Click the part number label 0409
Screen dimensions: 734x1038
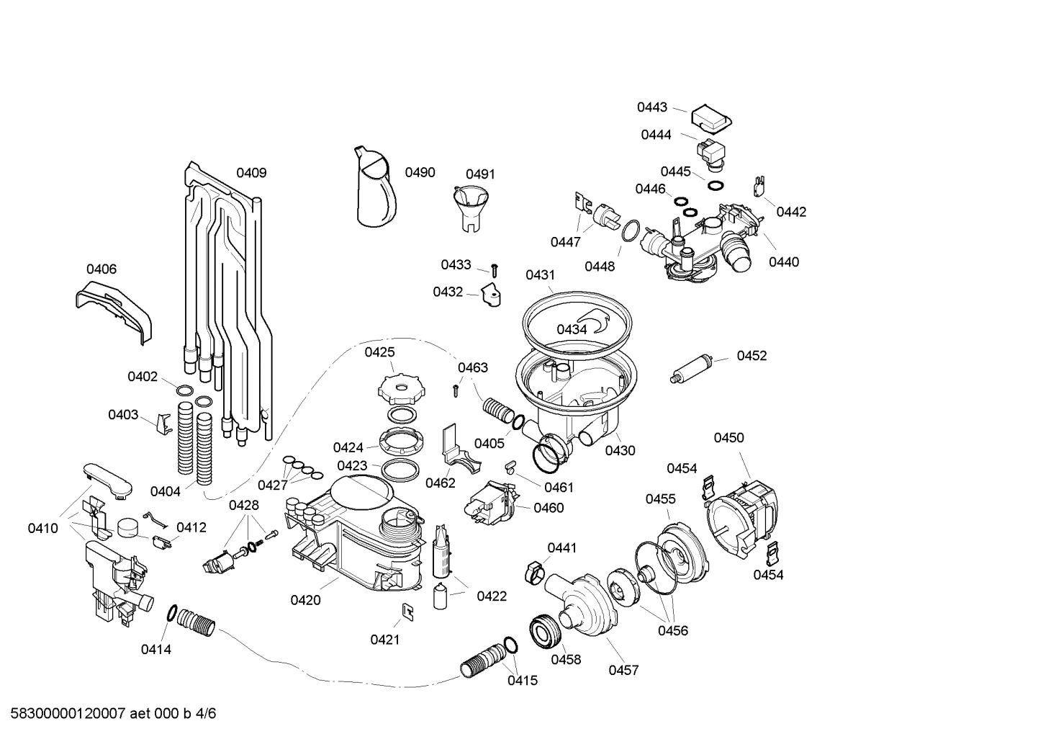pos(251,173)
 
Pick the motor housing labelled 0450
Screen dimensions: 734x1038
pos(744,512)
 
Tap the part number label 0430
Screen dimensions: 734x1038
pos(620,451)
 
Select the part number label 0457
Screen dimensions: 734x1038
pos(623,671)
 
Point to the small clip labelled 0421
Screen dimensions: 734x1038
pos(407,612)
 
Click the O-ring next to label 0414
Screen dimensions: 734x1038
pos(173,614)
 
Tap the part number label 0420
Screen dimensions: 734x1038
pos(305,600)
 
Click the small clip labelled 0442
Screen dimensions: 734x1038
pos(758,187)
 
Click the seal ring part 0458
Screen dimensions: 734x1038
pos(546,632)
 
